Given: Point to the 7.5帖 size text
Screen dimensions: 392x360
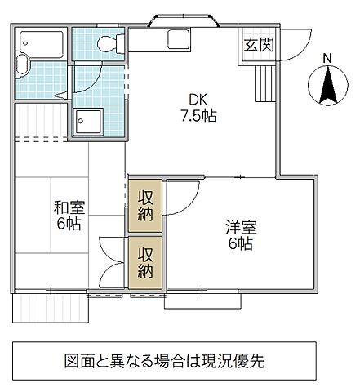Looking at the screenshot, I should coord(198,115).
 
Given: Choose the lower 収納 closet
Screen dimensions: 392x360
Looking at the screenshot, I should coord(144,263).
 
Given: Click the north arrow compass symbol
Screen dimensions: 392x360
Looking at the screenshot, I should coord(327,87).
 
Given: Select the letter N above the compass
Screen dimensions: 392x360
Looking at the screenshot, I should coord(327,59).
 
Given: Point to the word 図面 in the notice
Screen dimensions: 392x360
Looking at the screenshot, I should coord(81,359).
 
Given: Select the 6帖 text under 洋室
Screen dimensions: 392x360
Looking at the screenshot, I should coord(238,244).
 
